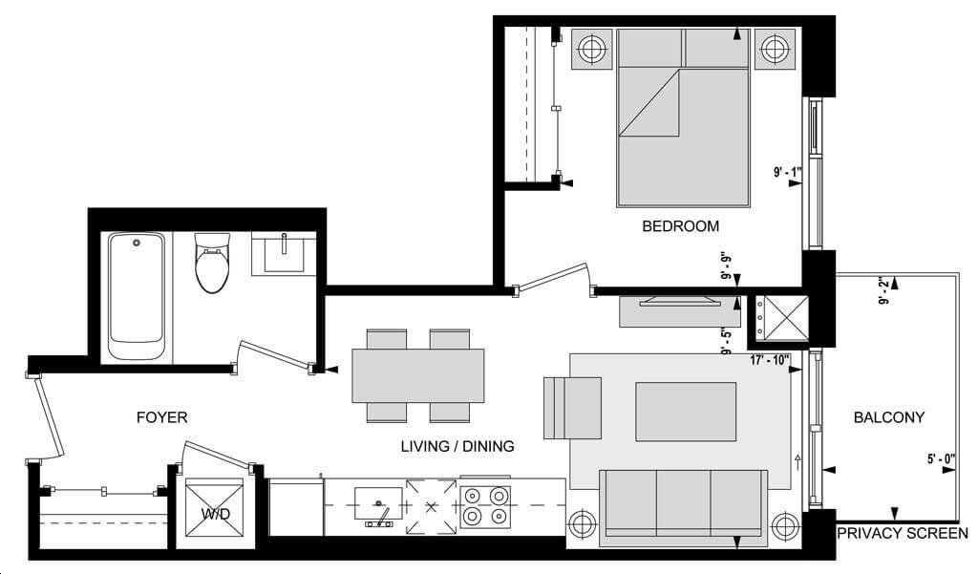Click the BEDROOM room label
point(680,225)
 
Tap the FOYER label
point(161,417)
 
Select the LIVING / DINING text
point(457,446)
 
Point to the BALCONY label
point(889,417)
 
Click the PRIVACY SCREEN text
point(903,534)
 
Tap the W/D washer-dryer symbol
point(215,508)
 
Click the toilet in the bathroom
point(212,263)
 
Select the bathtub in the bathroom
point(137,296)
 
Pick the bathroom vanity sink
point(284,253)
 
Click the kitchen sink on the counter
point(378,504)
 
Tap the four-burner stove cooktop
point(485,506)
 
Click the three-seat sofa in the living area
point(684,503)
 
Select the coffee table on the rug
point(686,412)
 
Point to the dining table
point(418,375)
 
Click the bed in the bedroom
point(683,117)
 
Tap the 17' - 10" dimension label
point(770,360)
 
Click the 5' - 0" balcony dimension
point(941,459)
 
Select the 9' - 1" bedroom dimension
point(787,172)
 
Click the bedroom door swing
point(552,278)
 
